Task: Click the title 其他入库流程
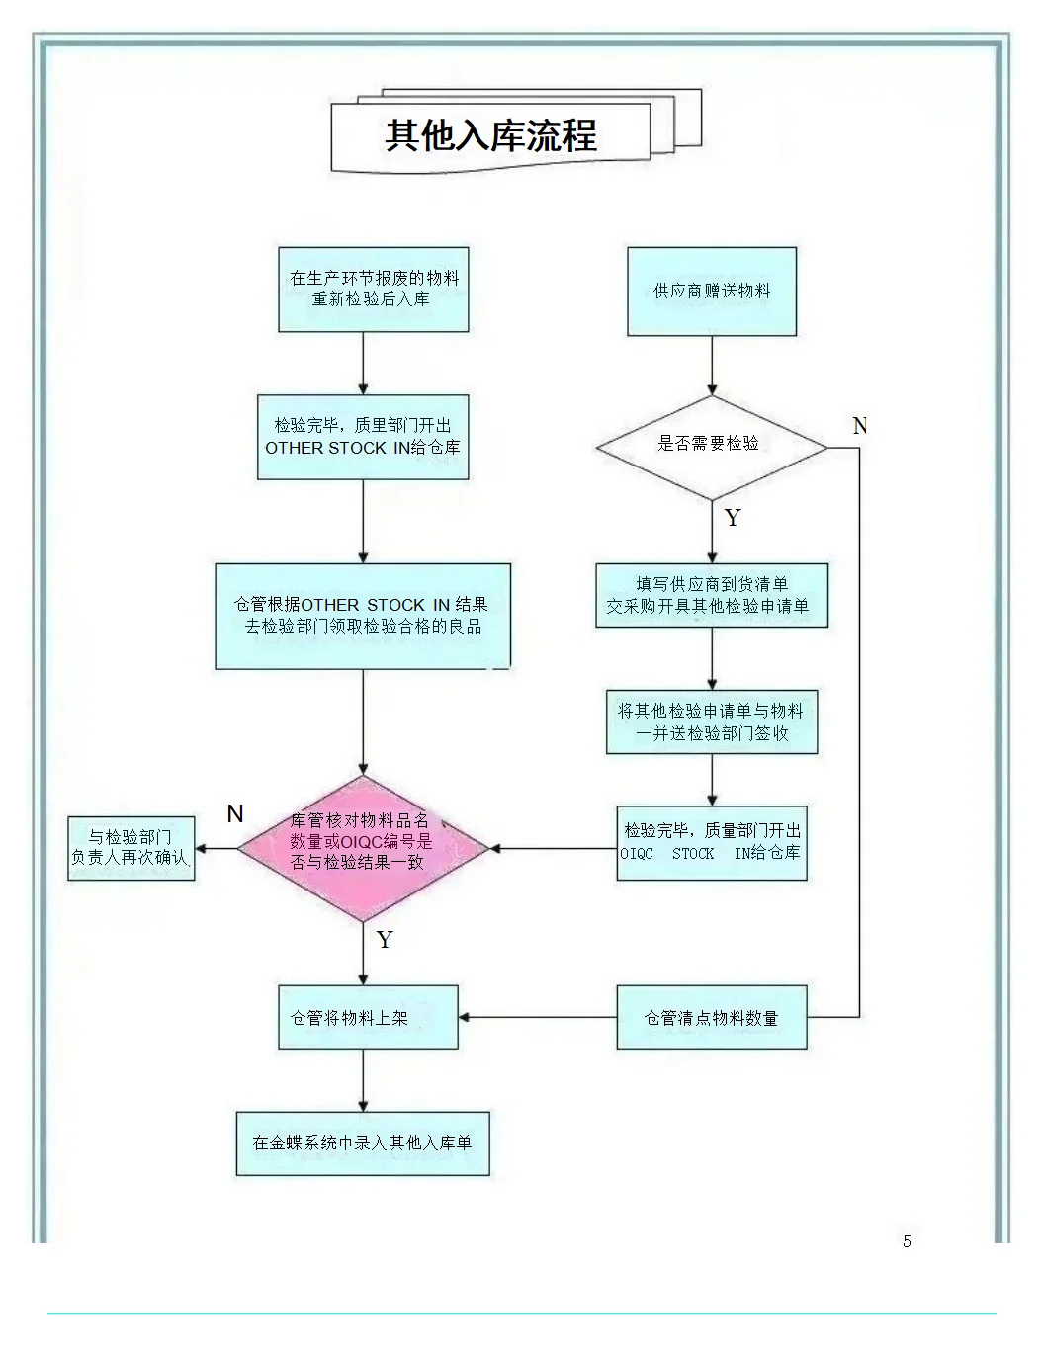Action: [490, 135]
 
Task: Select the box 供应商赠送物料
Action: [712, 292]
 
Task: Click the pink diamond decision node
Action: [363, 848]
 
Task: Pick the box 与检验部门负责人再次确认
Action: [130, 848]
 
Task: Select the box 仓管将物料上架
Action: [368, 1017]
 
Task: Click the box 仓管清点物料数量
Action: [712, 1017]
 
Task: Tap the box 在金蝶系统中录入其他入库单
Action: [363, 1143]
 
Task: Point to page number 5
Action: [907, 1241]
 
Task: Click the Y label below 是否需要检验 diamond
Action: [733, 518]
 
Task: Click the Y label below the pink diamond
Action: [385, 940]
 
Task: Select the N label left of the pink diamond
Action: [235, 813]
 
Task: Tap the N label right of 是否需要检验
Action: [859, 426]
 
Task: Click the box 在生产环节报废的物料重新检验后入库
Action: [374, 289]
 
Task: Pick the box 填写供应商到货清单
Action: [711, 595]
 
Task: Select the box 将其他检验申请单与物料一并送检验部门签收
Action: [712, 721]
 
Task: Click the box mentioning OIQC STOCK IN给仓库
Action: [712, 843]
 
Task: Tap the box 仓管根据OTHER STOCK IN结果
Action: [363, 616]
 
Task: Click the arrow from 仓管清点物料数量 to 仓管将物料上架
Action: [539, 1017]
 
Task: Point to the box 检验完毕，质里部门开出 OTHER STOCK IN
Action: [363, 437]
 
